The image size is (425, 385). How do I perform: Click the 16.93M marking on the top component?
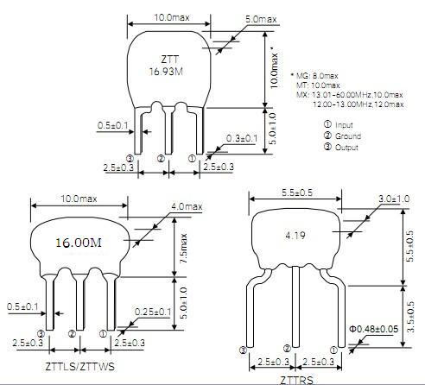(166, 71)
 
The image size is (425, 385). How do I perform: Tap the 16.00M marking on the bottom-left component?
(79, 243)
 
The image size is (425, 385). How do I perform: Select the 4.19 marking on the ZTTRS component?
(295, 236)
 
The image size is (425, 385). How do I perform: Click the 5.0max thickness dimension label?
(261, 19)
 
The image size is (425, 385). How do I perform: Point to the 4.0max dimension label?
(187, 206)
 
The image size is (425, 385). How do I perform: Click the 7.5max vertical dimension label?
(183, 249)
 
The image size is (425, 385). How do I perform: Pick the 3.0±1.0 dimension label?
(394, 199)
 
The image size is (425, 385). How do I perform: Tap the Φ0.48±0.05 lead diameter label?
(374, 329)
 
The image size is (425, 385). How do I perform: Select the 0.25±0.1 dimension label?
(153, 312)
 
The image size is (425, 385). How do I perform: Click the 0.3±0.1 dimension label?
(242, 138)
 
